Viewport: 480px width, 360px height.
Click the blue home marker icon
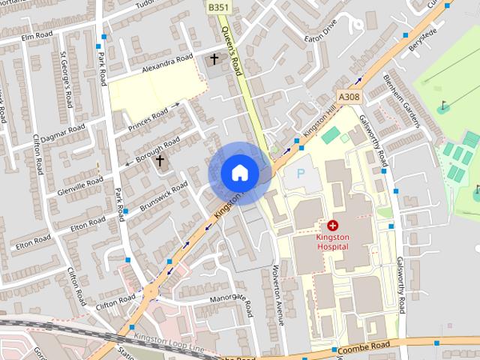239,173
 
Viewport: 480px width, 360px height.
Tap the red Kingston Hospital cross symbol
333,225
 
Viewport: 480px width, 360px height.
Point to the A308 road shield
349,97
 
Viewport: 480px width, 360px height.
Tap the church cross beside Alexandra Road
214,58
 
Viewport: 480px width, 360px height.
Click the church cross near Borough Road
159,160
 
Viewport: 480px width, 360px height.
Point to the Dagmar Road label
63,133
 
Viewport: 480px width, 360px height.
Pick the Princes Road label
148,119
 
